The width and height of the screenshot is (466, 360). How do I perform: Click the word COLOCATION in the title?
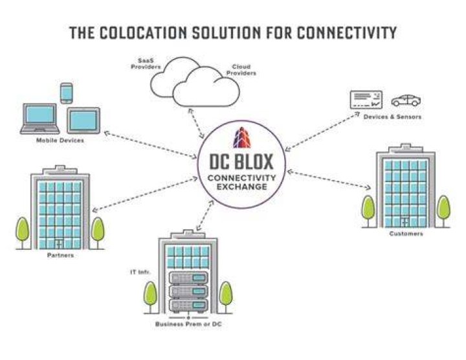[x=142, y=32]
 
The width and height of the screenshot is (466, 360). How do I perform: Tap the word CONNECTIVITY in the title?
[x=347, y=32]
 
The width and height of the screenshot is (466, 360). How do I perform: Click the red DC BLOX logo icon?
[x=242, y=138]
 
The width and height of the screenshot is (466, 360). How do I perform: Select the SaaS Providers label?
[x=146, y=63]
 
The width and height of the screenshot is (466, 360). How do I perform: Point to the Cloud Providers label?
[x=241, y=70]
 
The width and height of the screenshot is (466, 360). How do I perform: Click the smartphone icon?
[x=66, y=93]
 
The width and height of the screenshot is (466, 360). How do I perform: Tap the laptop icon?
[x=40, y=118]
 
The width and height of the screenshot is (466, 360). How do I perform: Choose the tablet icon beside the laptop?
[x=83, y=120]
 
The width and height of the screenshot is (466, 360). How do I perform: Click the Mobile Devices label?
[x=60, y=141]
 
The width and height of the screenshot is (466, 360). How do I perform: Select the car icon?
[x=406, y=100]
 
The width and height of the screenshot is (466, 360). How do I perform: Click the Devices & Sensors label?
[x=392, y=117]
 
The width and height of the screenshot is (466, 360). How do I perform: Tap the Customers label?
[x=406, y=234]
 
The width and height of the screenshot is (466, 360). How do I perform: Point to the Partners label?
[x=60, y=255]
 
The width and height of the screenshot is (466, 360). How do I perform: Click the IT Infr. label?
[x=140, y=272]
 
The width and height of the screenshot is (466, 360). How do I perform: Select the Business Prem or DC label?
[x=188, y=324]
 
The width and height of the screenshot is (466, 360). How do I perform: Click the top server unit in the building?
[x=188, y=278]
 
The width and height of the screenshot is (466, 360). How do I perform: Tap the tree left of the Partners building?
[x=22, y=233]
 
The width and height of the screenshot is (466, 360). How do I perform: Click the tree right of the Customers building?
[x=444, y=211]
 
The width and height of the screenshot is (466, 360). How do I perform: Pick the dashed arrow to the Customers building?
[x=329, y=179]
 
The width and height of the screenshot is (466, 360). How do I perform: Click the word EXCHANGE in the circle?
[x=241, y=187]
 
